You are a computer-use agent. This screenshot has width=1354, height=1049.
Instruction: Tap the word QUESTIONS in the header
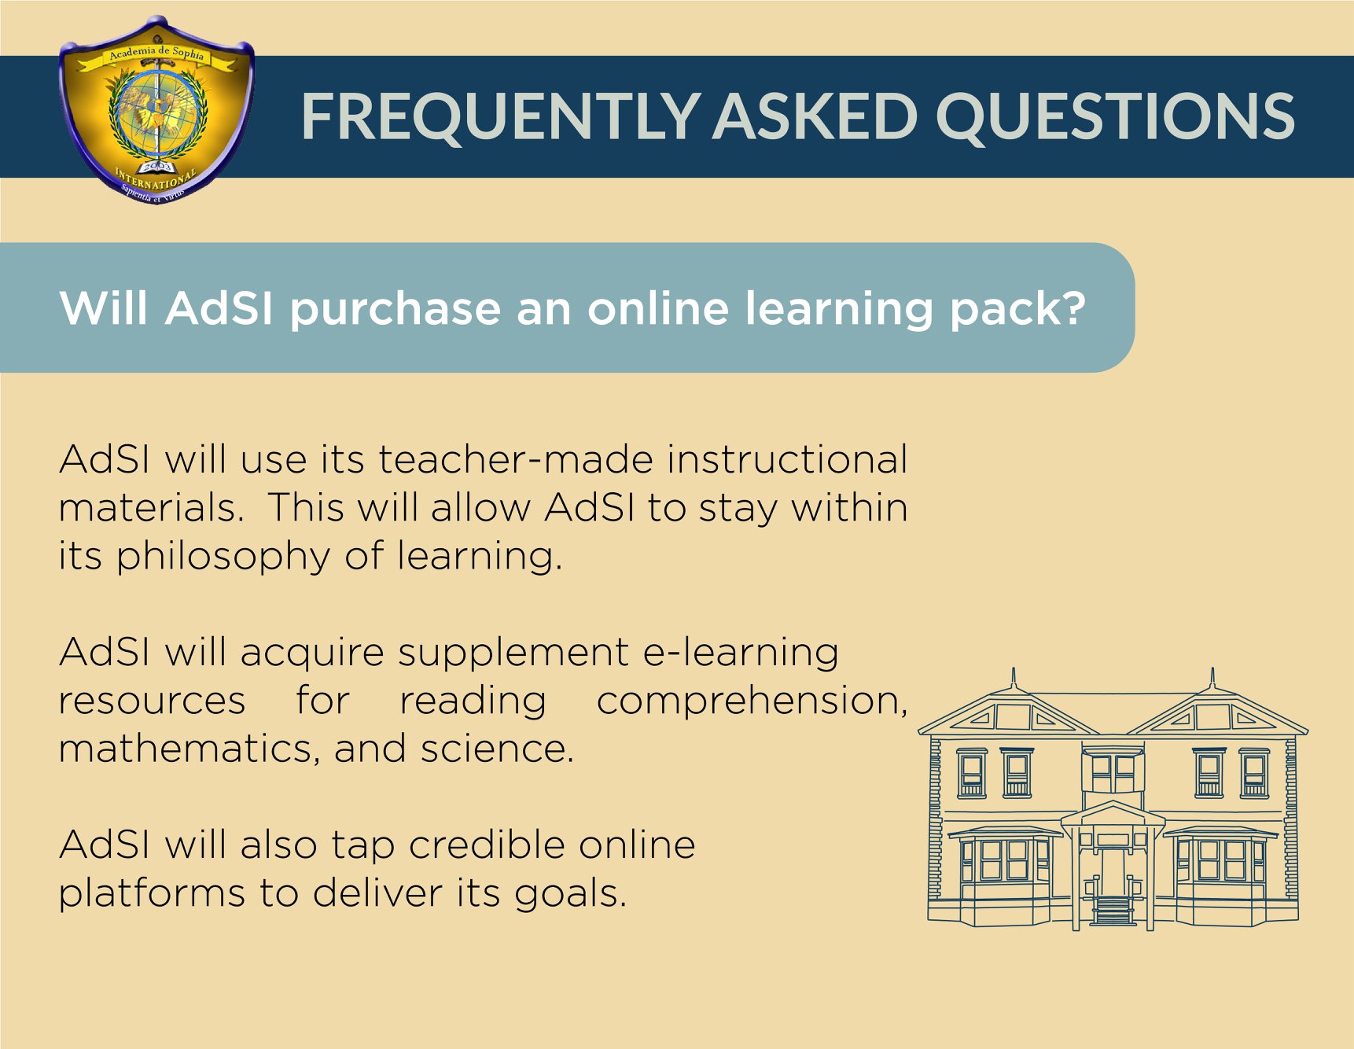coord(1115,117)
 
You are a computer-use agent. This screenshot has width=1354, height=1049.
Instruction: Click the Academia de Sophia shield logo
coord(156,111)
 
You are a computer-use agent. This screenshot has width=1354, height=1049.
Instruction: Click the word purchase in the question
coord(396,310)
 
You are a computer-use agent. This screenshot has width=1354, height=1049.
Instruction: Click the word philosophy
coord(224,558)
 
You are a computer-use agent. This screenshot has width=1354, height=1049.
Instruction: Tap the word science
coord(497,749)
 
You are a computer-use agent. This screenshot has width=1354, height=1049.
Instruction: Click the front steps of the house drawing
coord(1113,912)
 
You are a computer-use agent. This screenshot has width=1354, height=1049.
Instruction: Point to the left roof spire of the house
coord(1014,677)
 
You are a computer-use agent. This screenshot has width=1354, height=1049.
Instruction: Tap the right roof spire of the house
coord(1212,677)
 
